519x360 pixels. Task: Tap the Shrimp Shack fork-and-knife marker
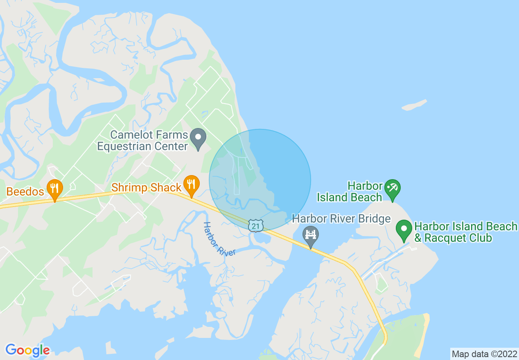click(191, 185)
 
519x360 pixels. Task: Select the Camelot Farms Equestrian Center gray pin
click(199, 138)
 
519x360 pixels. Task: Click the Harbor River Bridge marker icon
click(311, 236)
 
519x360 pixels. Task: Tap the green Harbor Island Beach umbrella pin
click(393, 189)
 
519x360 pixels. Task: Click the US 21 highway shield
click(256, 225)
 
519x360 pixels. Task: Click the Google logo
click(28, 350)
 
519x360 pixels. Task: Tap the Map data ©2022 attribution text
click(485, 354)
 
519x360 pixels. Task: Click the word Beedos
click(25, 191)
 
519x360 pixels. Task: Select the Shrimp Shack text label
click(146, 187)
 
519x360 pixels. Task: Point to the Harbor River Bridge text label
click(341, 219)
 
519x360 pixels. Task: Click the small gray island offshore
click(414, 105)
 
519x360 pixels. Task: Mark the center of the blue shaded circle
click(260, 180)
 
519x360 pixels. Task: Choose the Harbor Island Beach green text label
click(350, 192)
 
